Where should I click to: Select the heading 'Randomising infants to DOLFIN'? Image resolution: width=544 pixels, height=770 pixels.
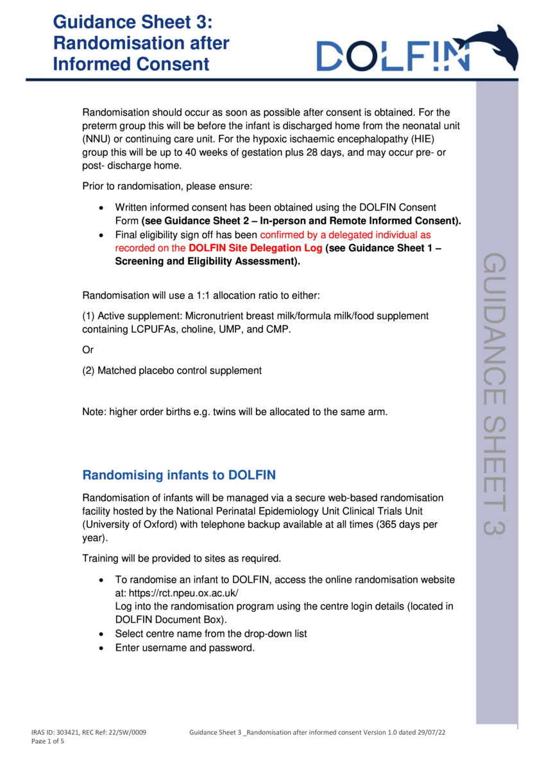pos(179,475)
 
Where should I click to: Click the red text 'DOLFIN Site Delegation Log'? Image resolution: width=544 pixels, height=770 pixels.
pos(256,248)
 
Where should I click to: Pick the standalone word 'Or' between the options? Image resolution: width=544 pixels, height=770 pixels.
pos(88,350)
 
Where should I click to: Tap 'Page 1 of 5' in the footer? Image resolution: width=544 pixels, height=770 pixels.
pos(48,741)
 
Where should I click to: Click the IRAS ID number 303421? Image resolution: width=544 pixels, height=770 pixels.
pos(69,732)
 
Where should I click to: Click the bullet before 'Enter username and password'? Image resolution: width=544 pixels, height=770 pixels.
pos(101,648)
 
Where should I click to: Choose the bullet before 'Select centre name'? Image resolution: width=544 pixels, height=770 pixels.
pos(101,634)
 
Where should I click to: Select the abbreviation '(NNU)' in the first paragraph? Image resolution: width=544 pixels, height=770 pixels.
pos(96,139)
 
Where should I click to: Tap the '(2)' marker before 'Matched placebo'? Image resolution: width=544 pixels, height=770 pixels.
pos(89,370)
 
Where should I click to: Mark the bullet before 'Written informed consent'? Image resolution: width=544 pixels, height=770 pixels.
pos(101,208)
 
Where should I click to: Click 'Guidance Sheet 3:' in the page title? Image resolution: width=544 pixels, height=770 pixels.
pos(132,23)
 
